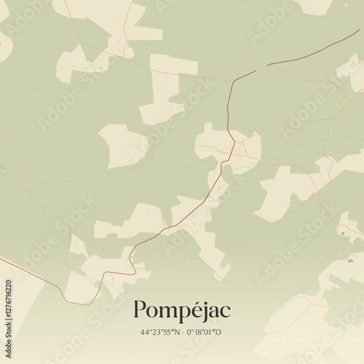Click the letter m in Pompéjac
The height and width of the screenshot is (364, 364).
coord(166,312)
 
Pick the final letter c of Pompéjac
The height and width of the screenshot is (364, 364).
coord(225,312)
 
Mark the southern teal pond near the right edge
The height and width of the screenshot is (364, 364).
coord(350,260)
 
